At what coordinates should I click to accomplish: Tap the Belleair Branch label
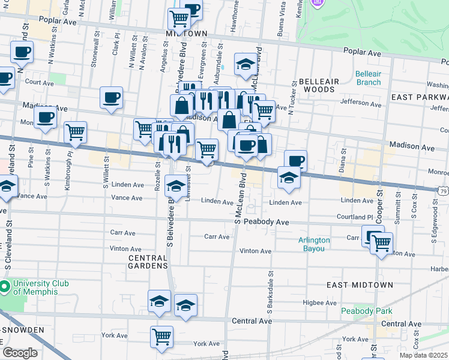tap(368, 78)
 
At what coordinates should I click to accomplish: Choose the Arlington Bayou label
tap(314, 244)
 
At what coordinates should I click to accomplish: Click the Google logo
tap(20, 353)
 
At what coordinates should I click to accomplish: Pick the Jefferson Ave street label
tap(361, 104)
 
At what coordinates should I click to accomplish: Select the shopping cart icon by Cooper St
tap(381, 243)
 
